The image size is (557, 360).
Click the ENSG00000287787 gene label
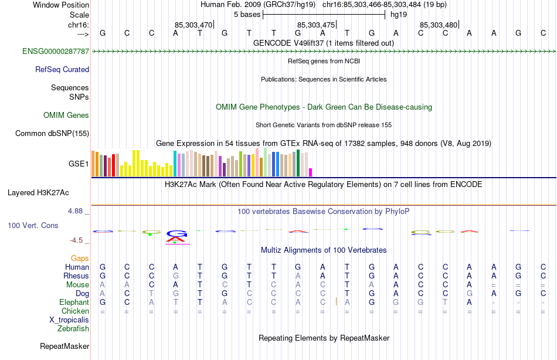point(56,52)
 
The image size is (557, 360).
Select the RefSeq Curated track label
point(62,70)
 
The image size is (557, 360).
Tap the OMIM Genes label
point(66,116)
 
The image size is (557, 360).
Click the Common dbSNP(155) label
point(52,134)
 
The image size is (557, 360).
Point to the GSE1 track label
point(79,164)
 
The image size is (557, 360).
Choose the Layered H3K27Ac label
point(38,192)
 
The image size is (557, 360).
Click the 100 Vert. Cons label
point(33,226)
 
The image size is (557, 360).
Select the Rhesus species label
point(77,276)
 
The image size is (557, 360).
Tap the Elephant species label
point(74,303)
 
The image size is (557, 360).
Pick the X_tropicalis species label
point(69,320)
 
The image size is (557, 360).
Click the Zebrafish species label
point(73,329)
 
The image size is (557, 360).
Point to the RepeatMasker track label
point(64,347)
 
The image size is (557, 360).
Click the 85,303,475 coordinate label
point(316,25)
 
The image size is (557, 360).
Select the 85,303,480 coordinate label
point(439,25)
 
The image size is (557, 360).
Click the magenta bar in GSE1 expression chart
point(311,172)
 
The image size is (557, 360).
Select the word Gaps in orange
point(80,259)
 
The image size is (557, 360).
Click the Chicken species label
point(76,311)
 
